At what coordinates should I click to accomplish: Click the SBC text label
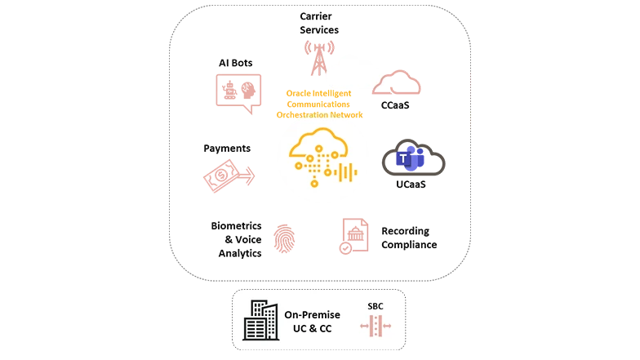tap(375, 307)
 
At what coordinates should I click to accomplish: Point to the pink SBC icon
tap(376, 327)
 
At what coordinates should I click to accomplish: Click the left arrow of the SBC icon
tap(364, 327)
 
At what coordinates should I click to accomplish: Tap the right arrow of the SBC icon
tap(387, 327)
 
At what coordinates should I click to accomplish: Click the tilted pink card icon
tap(222, 176)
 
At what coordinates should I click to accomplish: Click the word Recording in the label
tap(406, 231)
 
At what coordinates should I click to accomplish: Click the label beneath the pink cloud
tap(395, 104)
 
